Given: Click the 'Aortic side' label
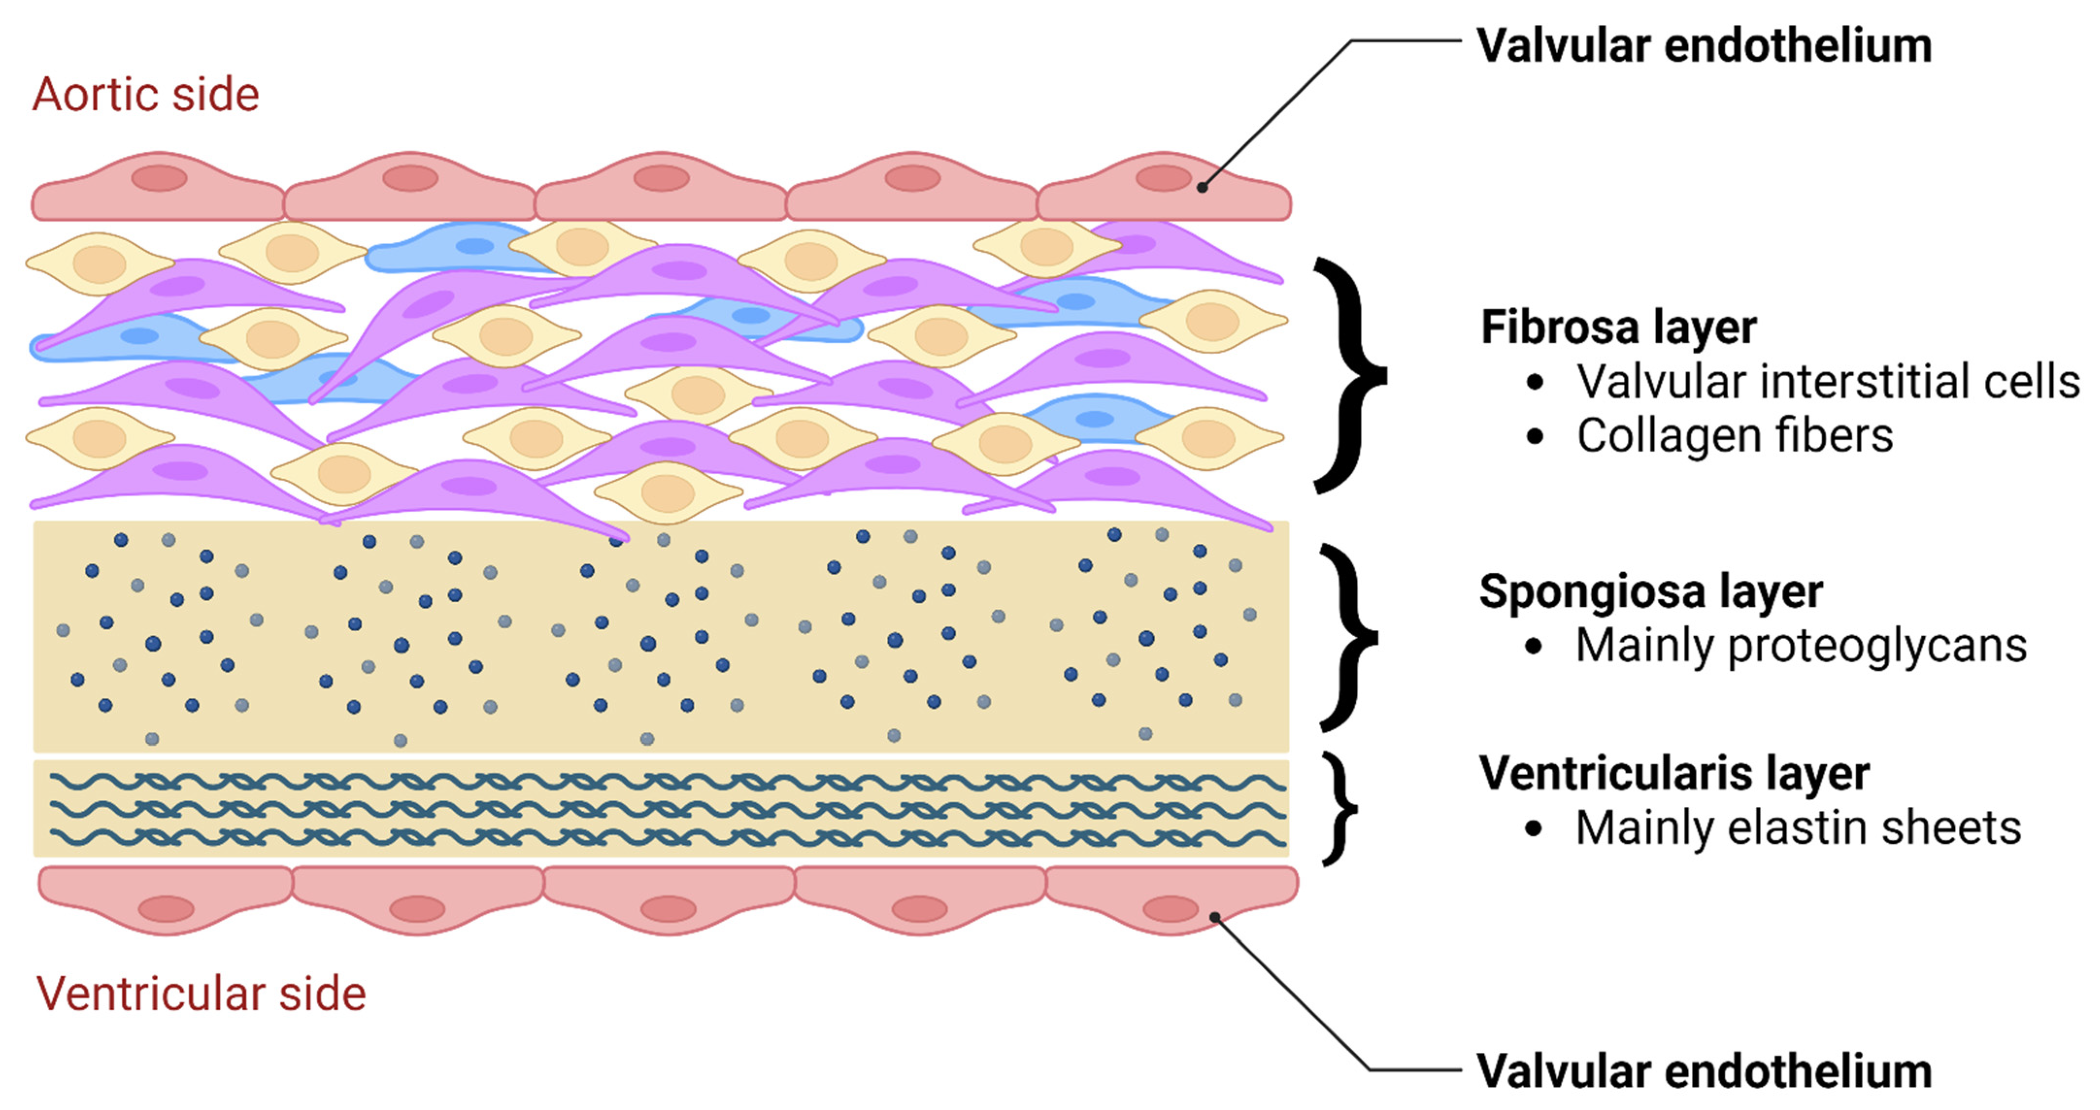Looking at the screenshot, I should pos(145,95).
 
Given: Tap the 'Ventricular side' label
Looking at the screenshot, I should pos(200,994).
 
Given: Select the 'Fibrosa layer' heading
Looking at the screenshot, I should pos(1618,328).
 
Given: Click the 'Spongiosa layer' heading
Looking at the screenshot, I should pos(1651,591).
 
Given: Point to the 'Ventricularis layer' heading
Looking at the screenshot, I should pos(1674,773).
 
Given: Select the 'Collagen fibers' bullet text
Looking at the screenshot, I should pos(1734,436).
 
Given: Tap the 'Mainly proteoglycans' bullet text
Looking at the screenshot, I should pos(1801,646).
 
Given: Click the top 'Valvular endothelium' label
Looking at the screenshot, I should pos(1704,46).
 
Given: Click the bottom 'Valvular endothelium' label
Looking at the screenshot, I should pos(1704,1071).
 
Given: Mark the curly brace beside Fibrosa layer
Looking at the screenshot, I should pos(1349,376).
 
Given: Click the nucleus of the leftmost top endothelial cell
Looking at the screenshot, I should pos(159,178).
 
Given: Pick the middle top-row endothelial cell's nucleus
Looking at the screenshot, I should pos(661,178).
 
